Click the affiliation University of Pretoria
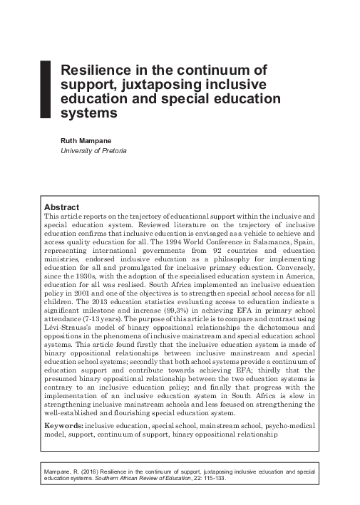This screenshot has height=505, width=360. click(x=93, y=151)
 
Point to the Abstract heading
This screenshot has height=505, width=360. click(x=61, y=207)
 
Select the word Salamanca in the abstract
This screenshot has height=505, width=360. click(x=264, y=243)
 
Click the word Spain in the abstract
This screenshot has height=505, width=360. click(x=299, y=243)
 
